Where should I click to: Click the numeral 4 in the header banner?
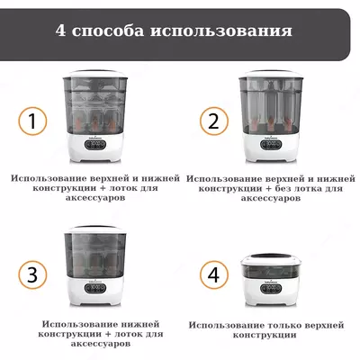click(60, 31)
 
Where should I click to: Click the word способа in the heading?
click(108, 31)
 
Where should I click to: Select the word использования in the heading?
click(221, 31)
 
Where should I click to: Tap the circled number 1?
click(32, 121)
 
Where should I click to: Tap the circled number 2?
click(214, 121)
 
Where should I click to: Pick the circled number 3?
click(32, 274)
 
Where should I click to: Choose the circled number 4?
click(214, 274)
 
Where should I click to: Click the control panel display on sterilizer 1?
click(94, 146)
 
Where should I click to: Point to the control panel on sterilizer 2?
click(271, 145)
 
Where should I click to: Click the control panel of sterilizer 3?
click(94, 288)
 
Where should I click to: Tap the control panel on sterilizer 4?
click(271, 288)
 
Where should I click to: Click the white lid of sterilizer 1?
click(94, 74)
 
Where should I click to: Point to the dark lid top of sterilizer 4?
click(270, 256)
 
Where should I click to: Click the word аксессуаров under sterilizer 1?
click(95, 198)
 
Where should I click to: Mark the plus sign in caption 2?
click(260, 189)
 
